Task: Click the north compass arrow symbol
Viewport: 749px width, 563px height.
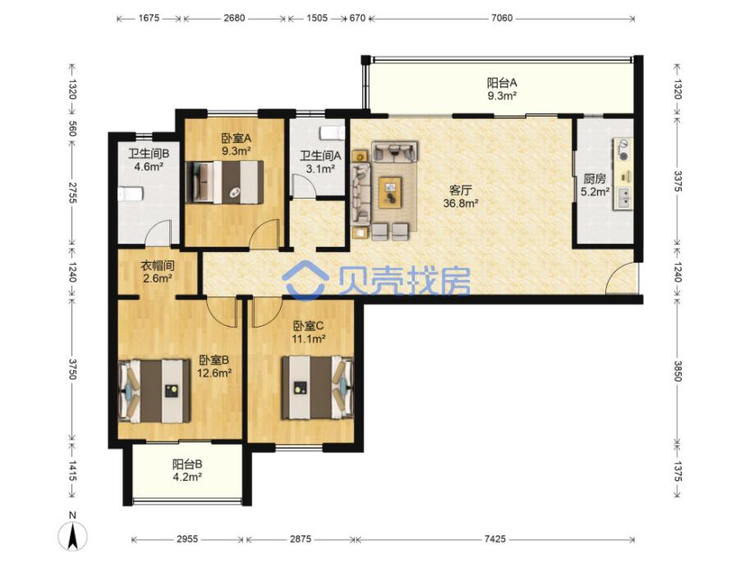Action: pos(72,536)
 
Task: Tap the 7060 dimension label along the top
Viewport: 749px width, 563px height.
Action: pos(502,18)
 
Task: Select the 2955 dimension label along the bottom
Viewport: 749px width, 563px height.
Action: pos(186,539)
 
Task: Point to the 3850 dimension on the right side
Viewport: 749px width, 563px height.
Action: pos(678,371)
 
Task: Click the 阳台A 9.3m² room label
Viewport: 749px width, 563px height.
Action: pos(502,89)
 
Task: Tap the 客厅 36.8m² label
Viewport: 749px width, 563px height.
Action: pos(461,197)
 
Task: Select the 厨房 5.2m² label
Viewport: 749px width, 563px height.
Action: pos(595,185)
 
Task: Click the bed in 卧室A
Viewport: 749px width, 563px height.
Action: pos(224,182)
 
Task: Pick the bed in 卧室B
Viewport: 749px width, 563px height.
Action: pos(154,391)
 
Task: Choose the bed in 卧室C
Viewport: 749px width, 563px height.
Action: pos(317,387)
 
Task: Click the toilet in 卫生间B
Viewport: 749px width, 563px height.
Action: pos(131,195)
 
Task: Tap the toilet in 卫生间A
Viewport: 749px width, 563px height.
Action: pos(332,132)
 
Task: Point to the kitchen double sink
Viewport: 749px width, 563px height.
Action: pos(623,198)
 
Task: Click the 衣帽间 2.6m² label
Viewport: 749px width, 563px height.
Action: pos(157,272)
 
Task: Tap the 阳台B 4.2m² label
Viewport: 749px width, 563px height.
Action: pos(187,470)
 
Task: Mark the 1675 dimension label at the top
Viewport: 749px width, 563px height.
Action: pos(149,18)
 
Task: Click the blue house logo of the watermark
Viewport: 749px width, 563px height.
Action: pos(305,280)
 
